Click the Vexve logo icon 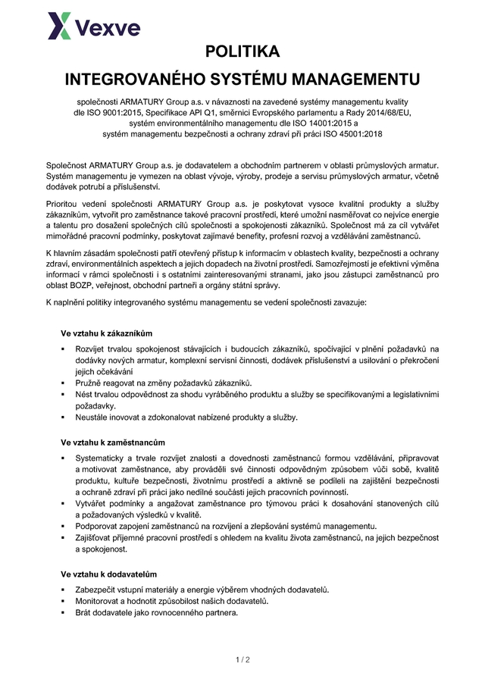pos(61,26)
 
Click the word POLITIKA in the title pos(242,52)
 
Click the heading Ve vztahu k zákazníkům pos(107,333)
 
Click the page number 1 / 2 pos(242,660)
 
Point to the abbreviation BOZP pos(63,286)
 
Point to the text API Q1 pos(216,112)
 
